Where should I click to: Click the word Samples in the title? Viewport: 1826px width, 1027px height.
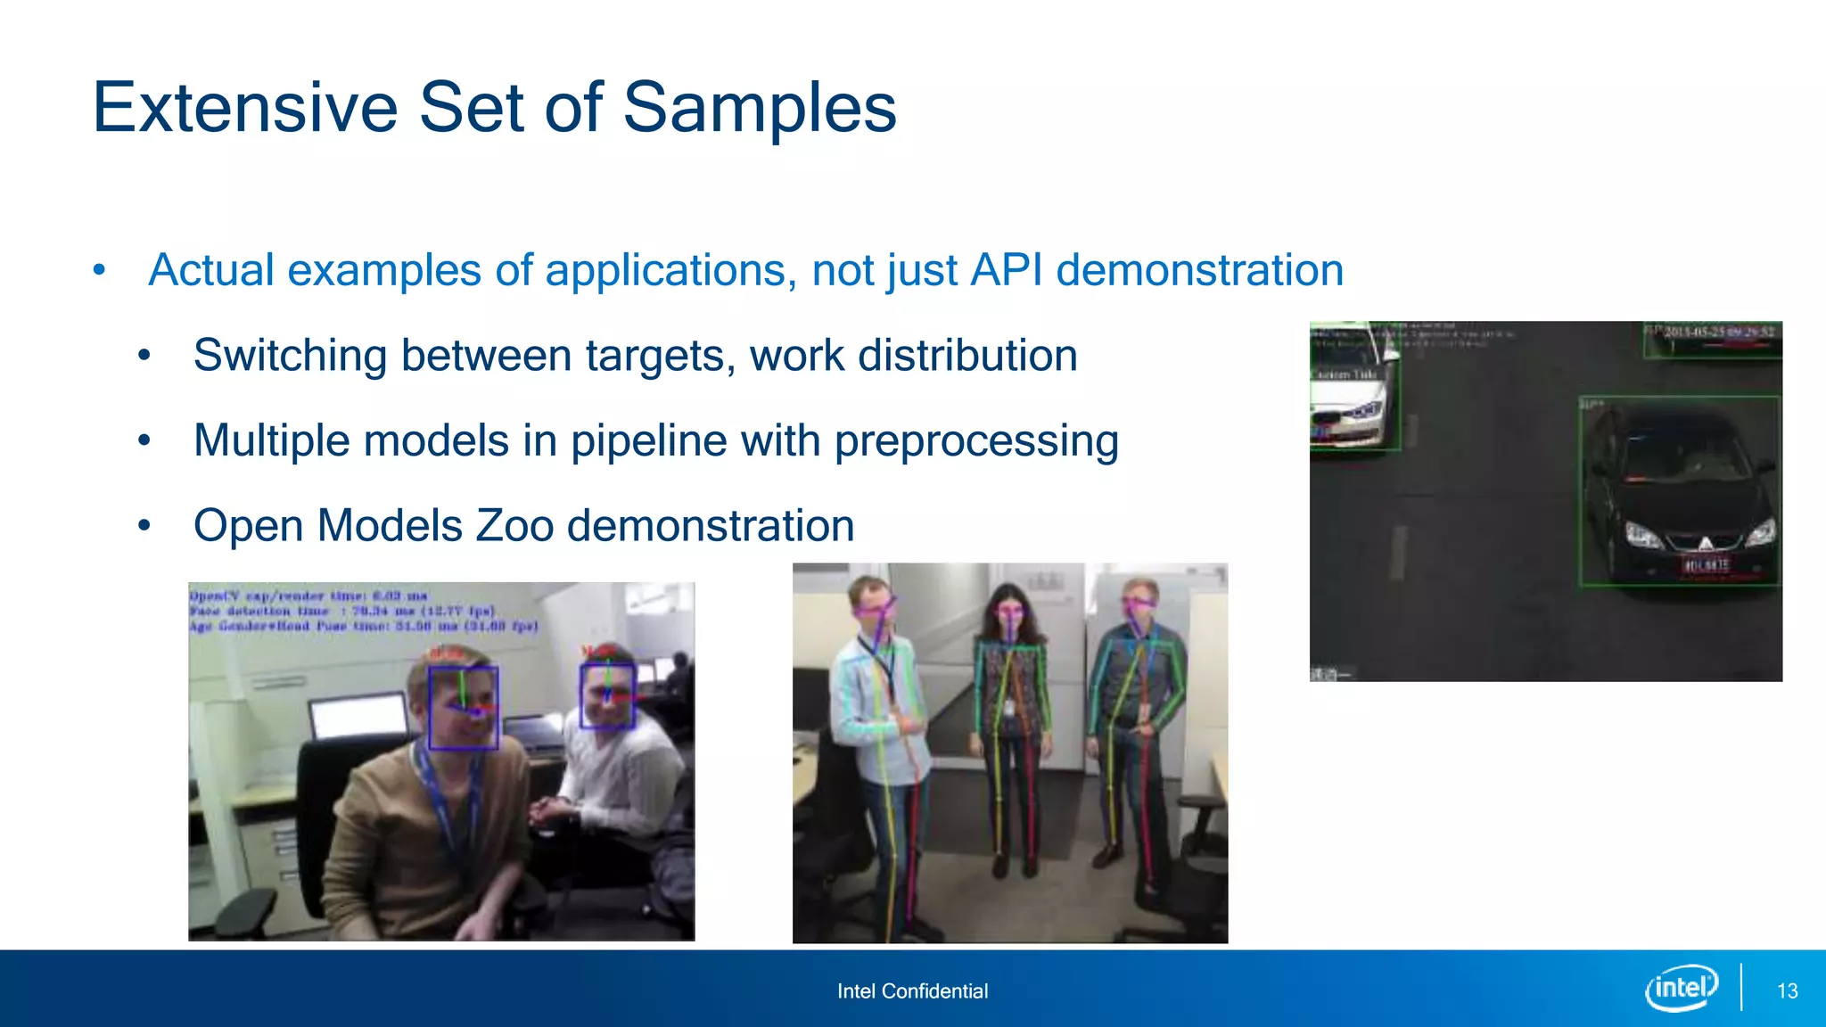tap(759, 108)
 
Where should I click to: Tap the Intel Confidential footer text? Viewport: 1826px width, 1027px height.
tap(912, 991)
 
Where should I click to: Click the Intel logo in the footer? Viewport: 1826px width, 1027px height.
tap(1682, 988)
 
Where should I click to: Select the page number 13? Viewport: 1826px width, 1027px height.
tap(1787, 991)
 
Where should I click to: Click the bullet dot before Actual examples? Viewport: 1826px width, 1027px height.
tap(99, 270)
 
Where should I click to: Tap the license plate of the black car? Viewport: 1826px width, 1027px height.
tap(1705, 565)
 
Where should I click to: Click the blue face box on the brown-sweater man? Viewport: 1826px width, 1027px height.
tap(463, 708)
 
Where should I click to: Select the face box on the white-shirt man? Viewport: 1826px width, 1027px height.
tap(608, 695)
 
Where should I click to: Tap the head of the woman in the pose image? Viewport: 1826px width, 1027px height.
tap(1008, 608)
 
